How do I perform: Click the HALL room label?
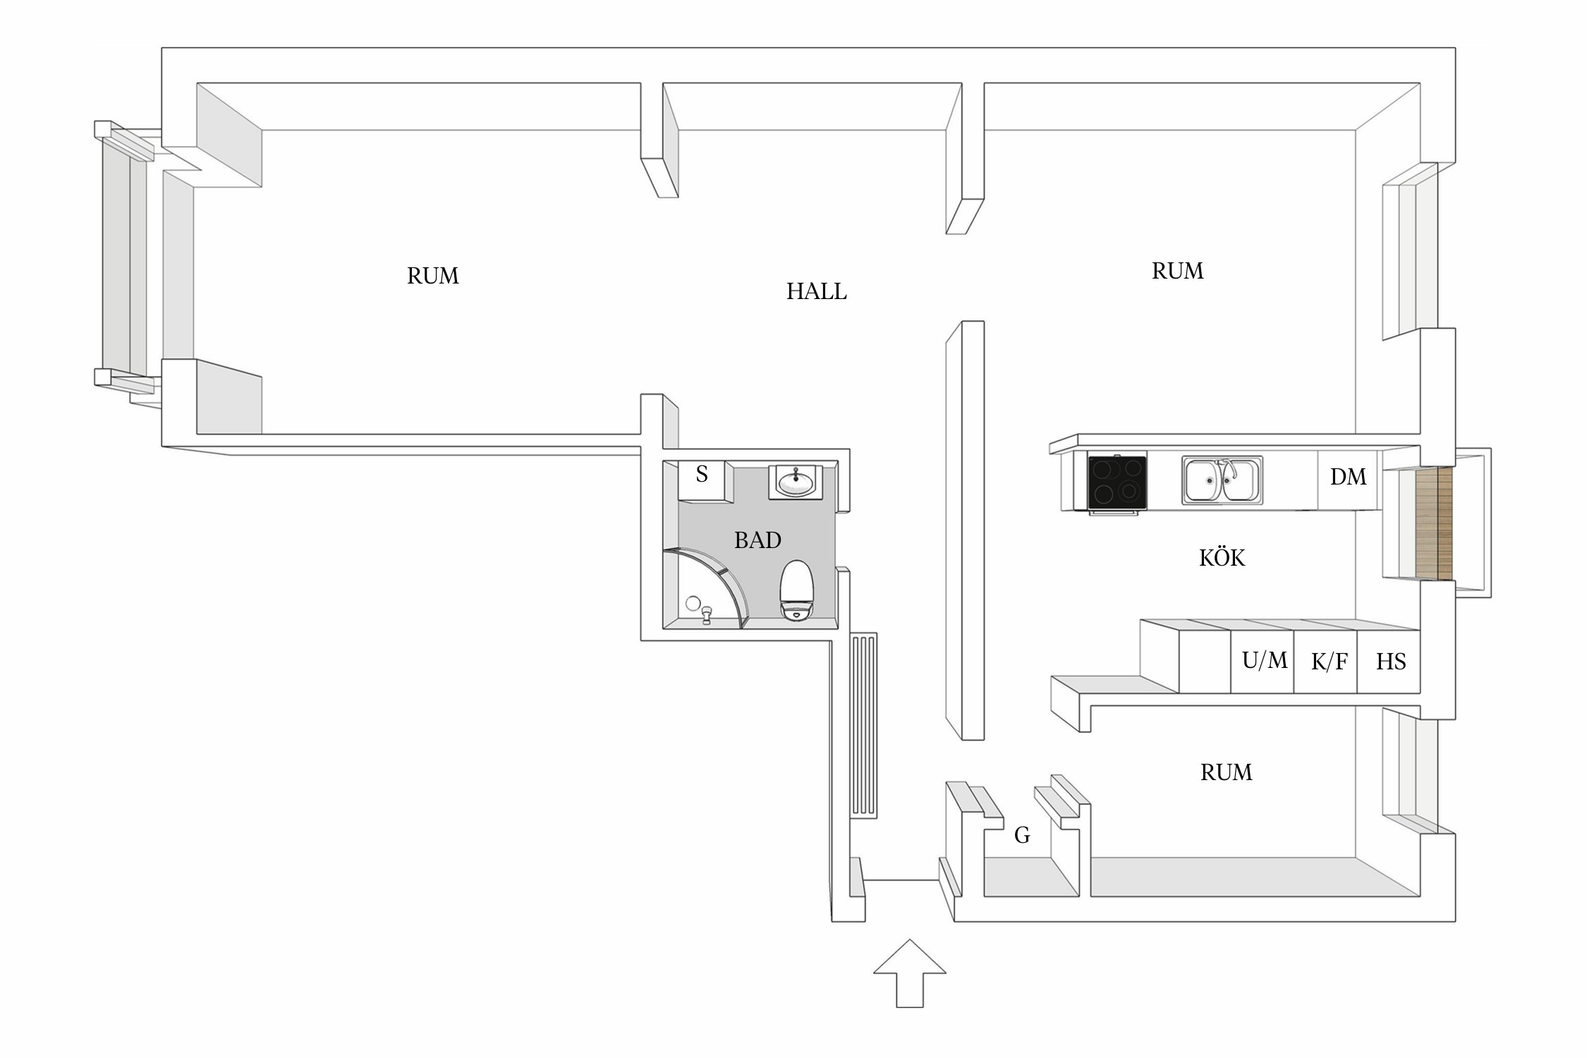pos(816,291)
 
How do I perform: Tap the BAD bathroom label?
pos(758,540)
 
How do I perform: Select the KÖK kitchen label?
pos(1222,558)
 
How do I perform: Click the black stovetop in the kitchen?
pos(1117,482)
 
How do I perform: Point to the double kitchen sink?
pos(1222,480)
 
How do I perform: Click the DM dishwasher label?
pos(1348,478)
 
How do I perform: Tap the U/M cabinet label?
pos(1264,661)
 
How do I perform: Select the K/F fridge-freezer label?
pos(1329,662)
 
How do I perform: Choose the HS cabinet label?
pos(1390,662)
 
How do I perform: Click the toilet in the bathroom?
pos(796,590)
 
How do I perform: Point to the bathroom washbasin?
pos(796,482)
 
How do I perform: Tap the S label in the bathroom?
pos(702,475)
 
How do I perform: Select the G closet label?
pos(1022,835)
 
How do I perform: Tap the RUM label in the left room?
pos(432,276)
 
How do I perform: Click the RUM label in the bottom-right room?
pos(1226,772)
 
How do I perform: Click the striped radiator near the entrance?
pos(864,725)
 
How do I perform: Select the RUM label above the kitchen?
pos(1177,271)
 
